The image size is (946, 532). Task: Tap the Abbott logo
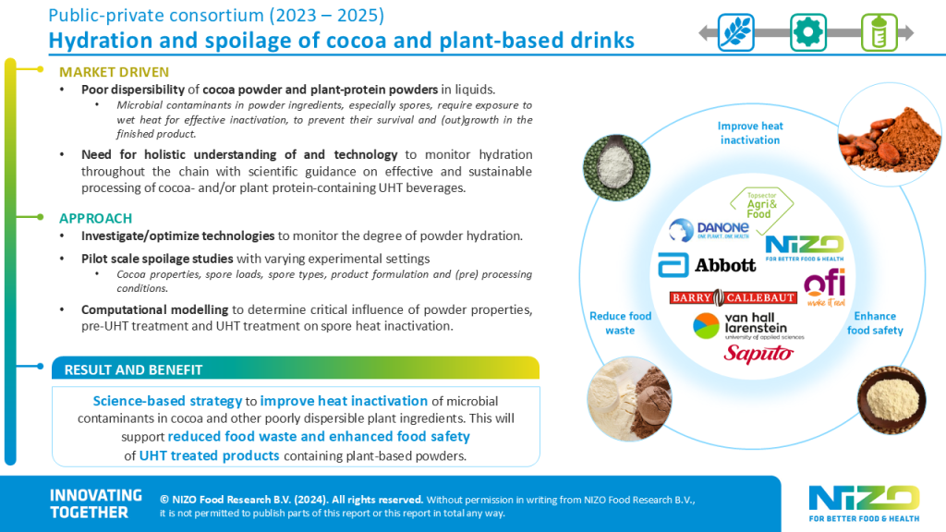point(707,266)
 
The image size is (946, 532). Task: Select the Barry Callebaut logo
point(733,297)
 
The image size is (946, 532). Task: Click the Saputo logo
point(758,353)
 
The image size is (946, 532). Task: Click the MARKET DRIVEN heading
point(114,72)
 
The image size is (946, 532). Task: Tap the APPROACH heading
point(94,218)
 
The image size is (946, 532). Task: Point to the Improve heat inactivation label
point(750,133)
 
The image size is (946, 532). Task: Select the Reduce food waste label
point(620,323)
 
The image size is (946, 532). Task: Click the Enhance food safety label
point(875,323)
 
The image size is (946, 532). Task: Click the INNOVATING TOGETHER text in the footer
point(95,503)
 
